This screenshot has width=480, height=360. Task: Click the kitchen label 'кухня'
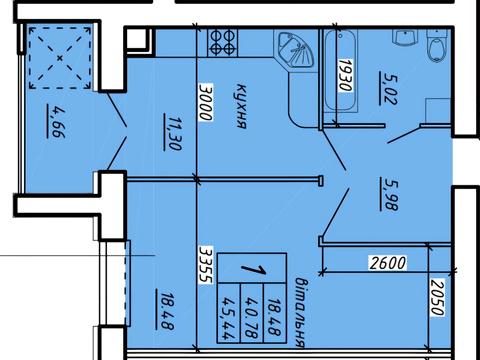(x=241, y=106)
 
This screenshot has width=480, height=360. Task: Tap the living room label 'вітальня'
(x=300, y=312)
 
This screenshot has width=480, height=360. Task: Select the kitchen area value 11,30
(x=172, y=133)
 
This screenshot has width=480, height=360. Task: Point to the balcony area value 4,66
(x=56, y=121)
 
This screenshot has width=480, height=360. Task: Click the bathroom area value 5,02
(x=388, y=88)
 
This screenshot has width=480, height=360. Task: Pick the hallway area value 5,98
(x=389, y=194)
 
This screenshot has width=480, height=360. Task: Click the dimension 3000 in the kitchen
(x=205, y=102)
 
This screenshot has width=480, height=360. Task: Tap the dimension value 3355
(x=205, y=265)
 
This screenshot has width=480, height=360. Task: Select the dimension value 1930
(x=345, y=75)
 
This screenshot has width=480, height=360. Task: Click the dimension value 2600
(x=388, y=263)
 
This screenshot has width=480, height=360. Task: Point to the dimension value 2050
(x=438, y=297)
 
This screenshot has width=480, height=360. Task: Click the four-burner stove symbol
(x=223, y=42)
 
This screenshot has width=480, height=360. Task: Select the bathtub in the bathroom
(x=341, y=71)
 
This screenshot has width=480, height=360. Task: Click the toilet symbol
(x=437, y=46)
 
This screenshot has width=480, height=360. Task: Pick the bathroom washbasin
(x=404, y=37)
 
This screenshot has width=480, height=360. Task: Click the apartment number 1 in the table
(x=253, y=268)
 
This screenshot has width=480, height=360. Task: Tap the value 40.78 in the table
(x=252, y=313)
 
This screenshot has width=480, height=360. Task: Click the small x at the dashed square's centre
(x=60, y=58)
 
